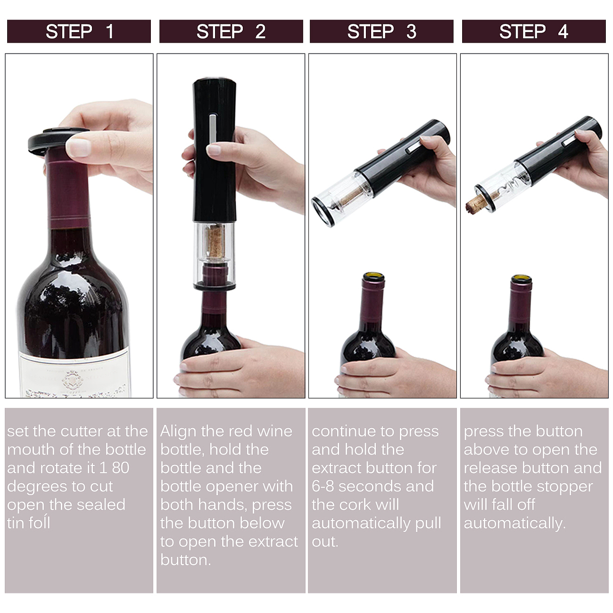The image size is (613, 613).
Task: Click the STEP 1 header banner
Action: (79, 31)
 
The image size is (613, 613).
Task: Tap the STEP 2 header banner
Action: (231, 31)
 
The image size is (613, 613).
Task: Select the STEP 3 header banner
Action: (381, 31)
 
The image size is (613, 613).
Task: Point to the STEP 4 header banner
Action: (534, 31)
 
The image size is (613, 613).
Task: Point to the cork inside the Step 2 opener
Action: (215, 241)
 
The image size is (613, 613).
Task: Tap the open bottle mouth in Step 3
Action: (374, 276)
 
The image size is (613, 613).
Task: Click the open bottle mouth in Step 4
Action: (522, 279)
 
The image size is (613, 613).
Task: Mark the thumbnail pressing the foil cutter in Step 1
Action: (78, 148)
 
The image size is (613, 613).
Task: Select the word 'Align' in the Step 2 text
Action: (178, 432)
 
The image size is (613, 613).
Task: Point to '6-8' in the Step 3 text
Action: (323, 487)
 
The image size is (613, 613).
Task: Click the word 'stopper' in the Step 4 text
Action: (568, 487)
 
